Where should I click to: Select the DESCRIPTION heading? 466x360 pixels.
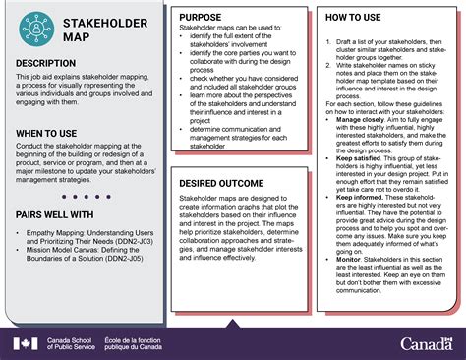pos(50,63)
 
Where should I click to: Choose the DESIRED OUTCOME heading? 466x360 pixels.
pos(225,184)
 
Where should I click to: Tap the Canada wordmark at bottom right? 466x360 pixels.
pos(428,342)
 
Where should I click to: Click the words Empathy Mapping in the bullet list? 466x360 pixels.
pos(56,235)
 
